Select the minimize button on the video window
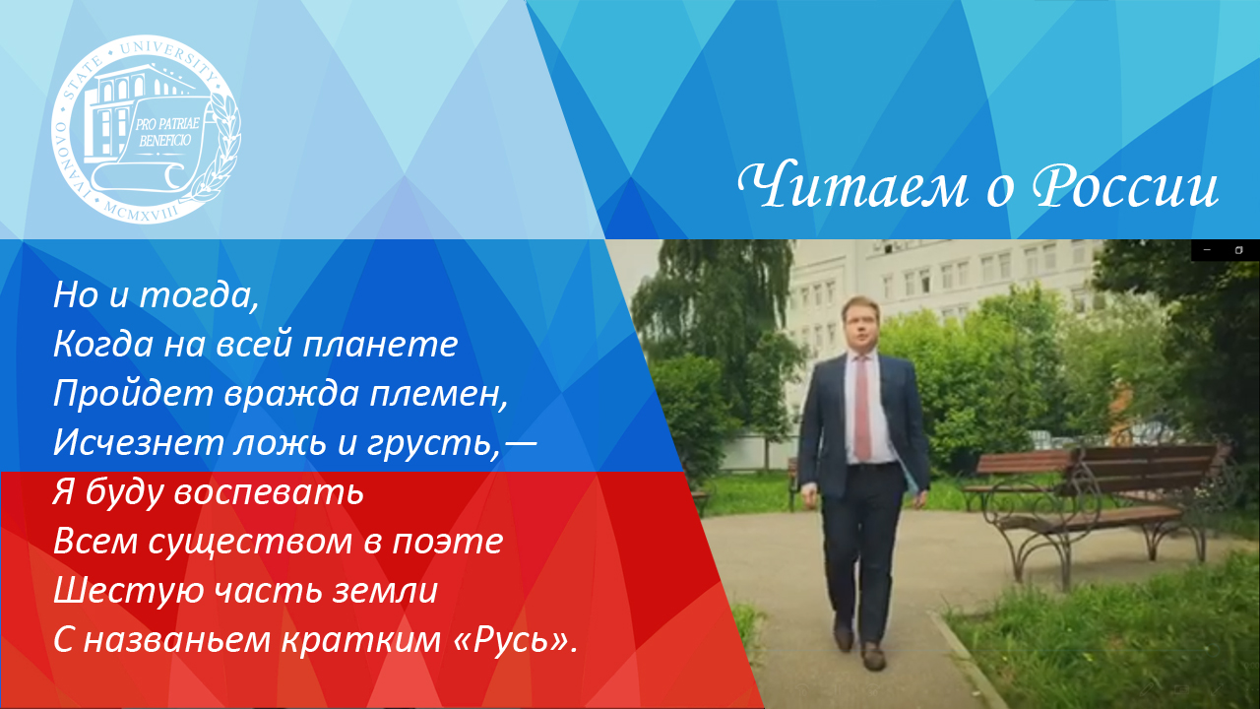pyautogui.click(x=1207, y=250)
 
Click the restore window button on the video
pyautogui.click(x=1239, y=250)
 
